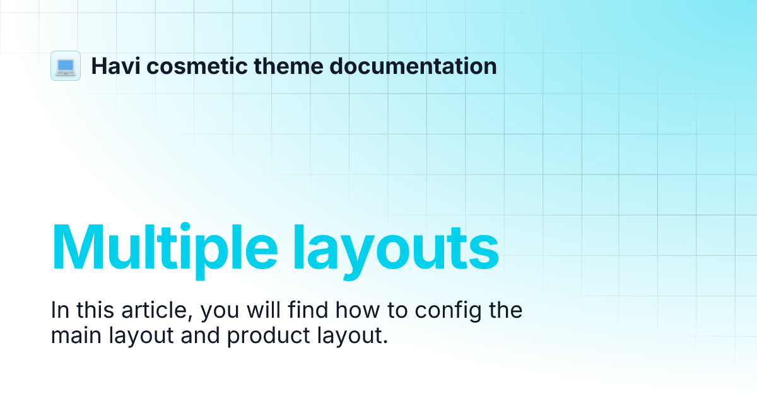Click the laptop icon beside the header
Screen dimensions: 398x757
(66, 66)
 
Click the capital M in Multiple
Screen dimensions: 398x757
(79, 245)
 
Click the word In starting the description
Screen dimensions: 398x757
(60, 311)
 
